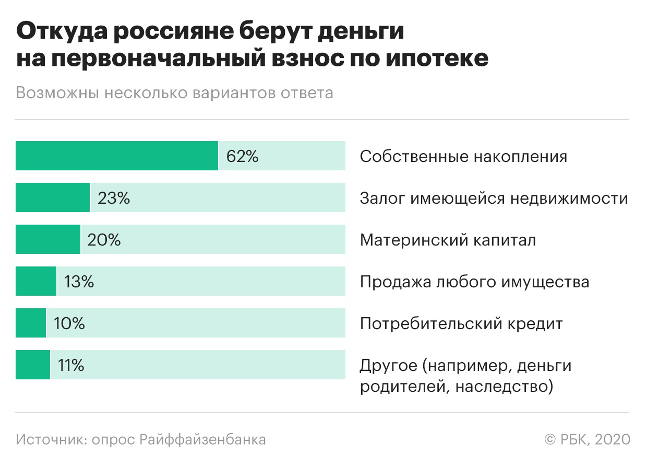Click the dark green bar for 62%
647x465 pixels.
[117, 156]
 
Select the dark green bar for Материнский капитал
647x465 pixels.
[48, 239]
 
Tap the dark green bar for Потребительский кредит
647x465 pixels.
[31, 323]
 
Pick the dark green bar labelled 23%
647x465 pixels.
[53, 197]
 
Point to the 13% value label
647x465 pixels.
[79, 282]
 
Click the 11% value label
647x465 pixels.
[71, 365]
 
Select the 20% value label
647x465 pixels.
[104, 240]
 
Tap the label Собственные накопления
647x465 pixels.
[463, 156]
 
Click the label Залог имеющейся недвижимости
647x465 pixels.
[494, 198]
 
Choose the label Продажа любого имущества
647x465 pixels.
[474, 282]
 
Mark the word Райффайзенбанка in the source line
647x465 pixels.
[203, 439]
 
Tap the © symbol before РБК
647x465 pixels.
[550, 439]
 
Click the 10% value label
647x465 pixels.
[69, 323]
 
